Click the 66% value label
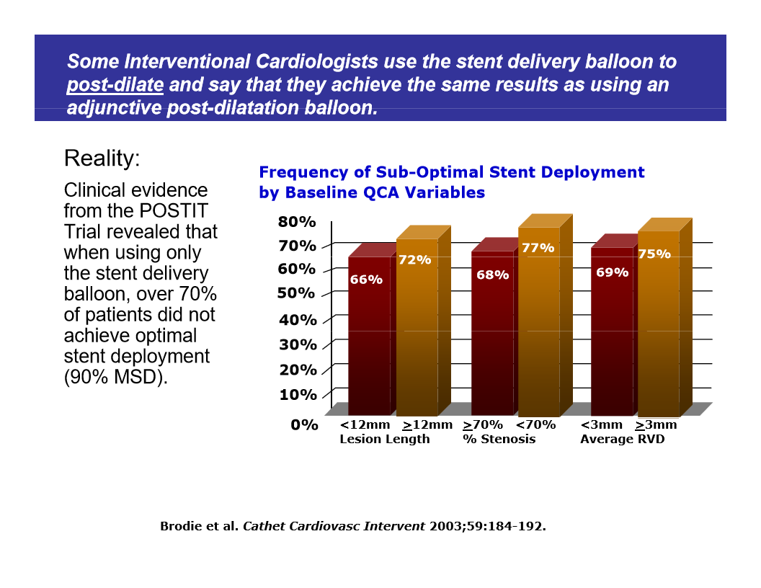click(366, 280)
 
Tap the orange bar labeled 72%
click(417, 331)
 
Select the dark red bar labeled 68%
click(492, 339)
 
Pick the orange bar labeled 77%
click(538, 324)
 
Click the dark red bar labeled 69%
click(612, 339)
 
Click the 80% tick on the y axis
click(297, 221)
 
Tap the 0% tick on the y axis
click(304, 425)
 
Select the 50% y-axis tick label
click(297, 293)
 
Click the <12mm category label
click(365, 424)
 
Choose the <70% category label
click(535, 424)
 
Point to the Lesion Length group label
click(384, 439)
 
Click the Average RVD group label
click(622, 439)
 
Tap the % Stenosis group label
click(499, 439)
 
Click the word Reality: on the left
click(102, 159)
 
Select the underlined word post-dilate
click(115, 85)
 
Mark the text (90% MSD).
click(115, 377)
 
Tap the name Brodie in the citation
click(182, 526)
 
